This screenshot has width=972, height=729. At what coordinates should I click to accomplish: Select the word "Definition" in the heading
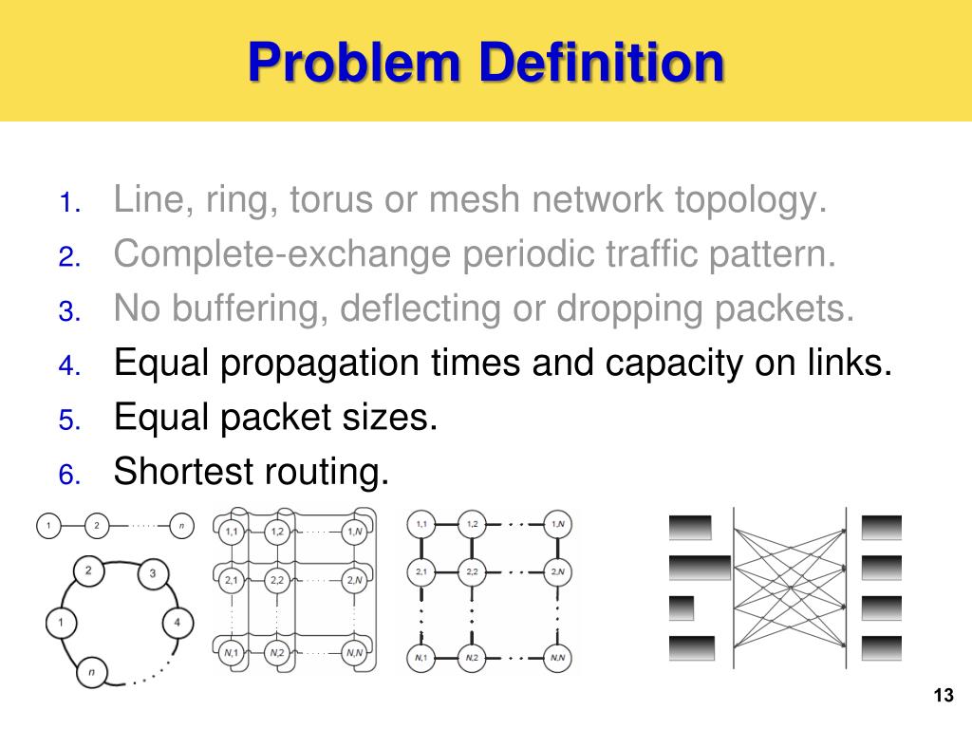(601, 64)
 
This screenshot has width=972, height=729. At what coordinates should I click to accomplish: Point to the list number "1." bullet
(71, 204)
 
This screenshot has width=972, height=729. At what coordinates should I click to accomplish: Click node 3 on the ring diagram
(152, 574)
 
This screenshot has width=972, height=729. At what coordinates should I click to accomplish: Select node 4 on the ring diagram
(178, 624)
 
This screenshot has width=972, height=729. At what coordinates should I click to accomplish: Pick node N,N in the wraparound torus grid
(354, 653)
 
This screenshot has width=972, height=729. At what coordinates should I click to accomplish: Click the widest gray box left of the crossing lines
(700, 568)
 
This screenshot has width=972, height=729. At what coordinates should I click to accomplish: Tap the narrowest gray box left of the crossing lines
(681, 607)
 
